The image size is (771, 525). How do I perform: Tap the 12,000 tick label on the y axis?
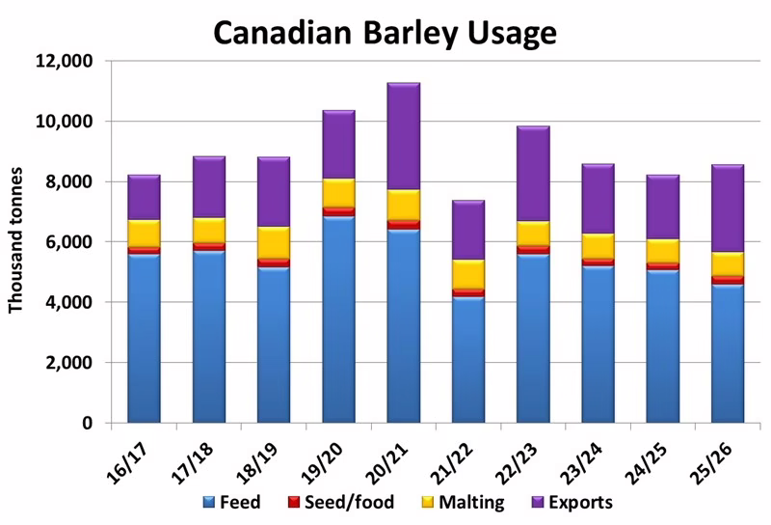tap(64, 61)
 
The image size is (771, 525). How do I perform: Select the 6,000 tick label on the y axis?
tap(68, 242)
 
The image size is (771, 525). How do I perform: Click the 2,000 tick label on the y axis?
tap(68, 363)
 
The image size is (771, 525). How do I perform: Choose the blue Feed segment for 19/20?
tap(338, 319)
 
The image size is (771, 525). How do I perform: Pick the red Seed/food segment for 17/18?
tap(209, 246)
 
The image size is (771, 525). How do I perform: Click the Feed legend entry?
tap(232, 502)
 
